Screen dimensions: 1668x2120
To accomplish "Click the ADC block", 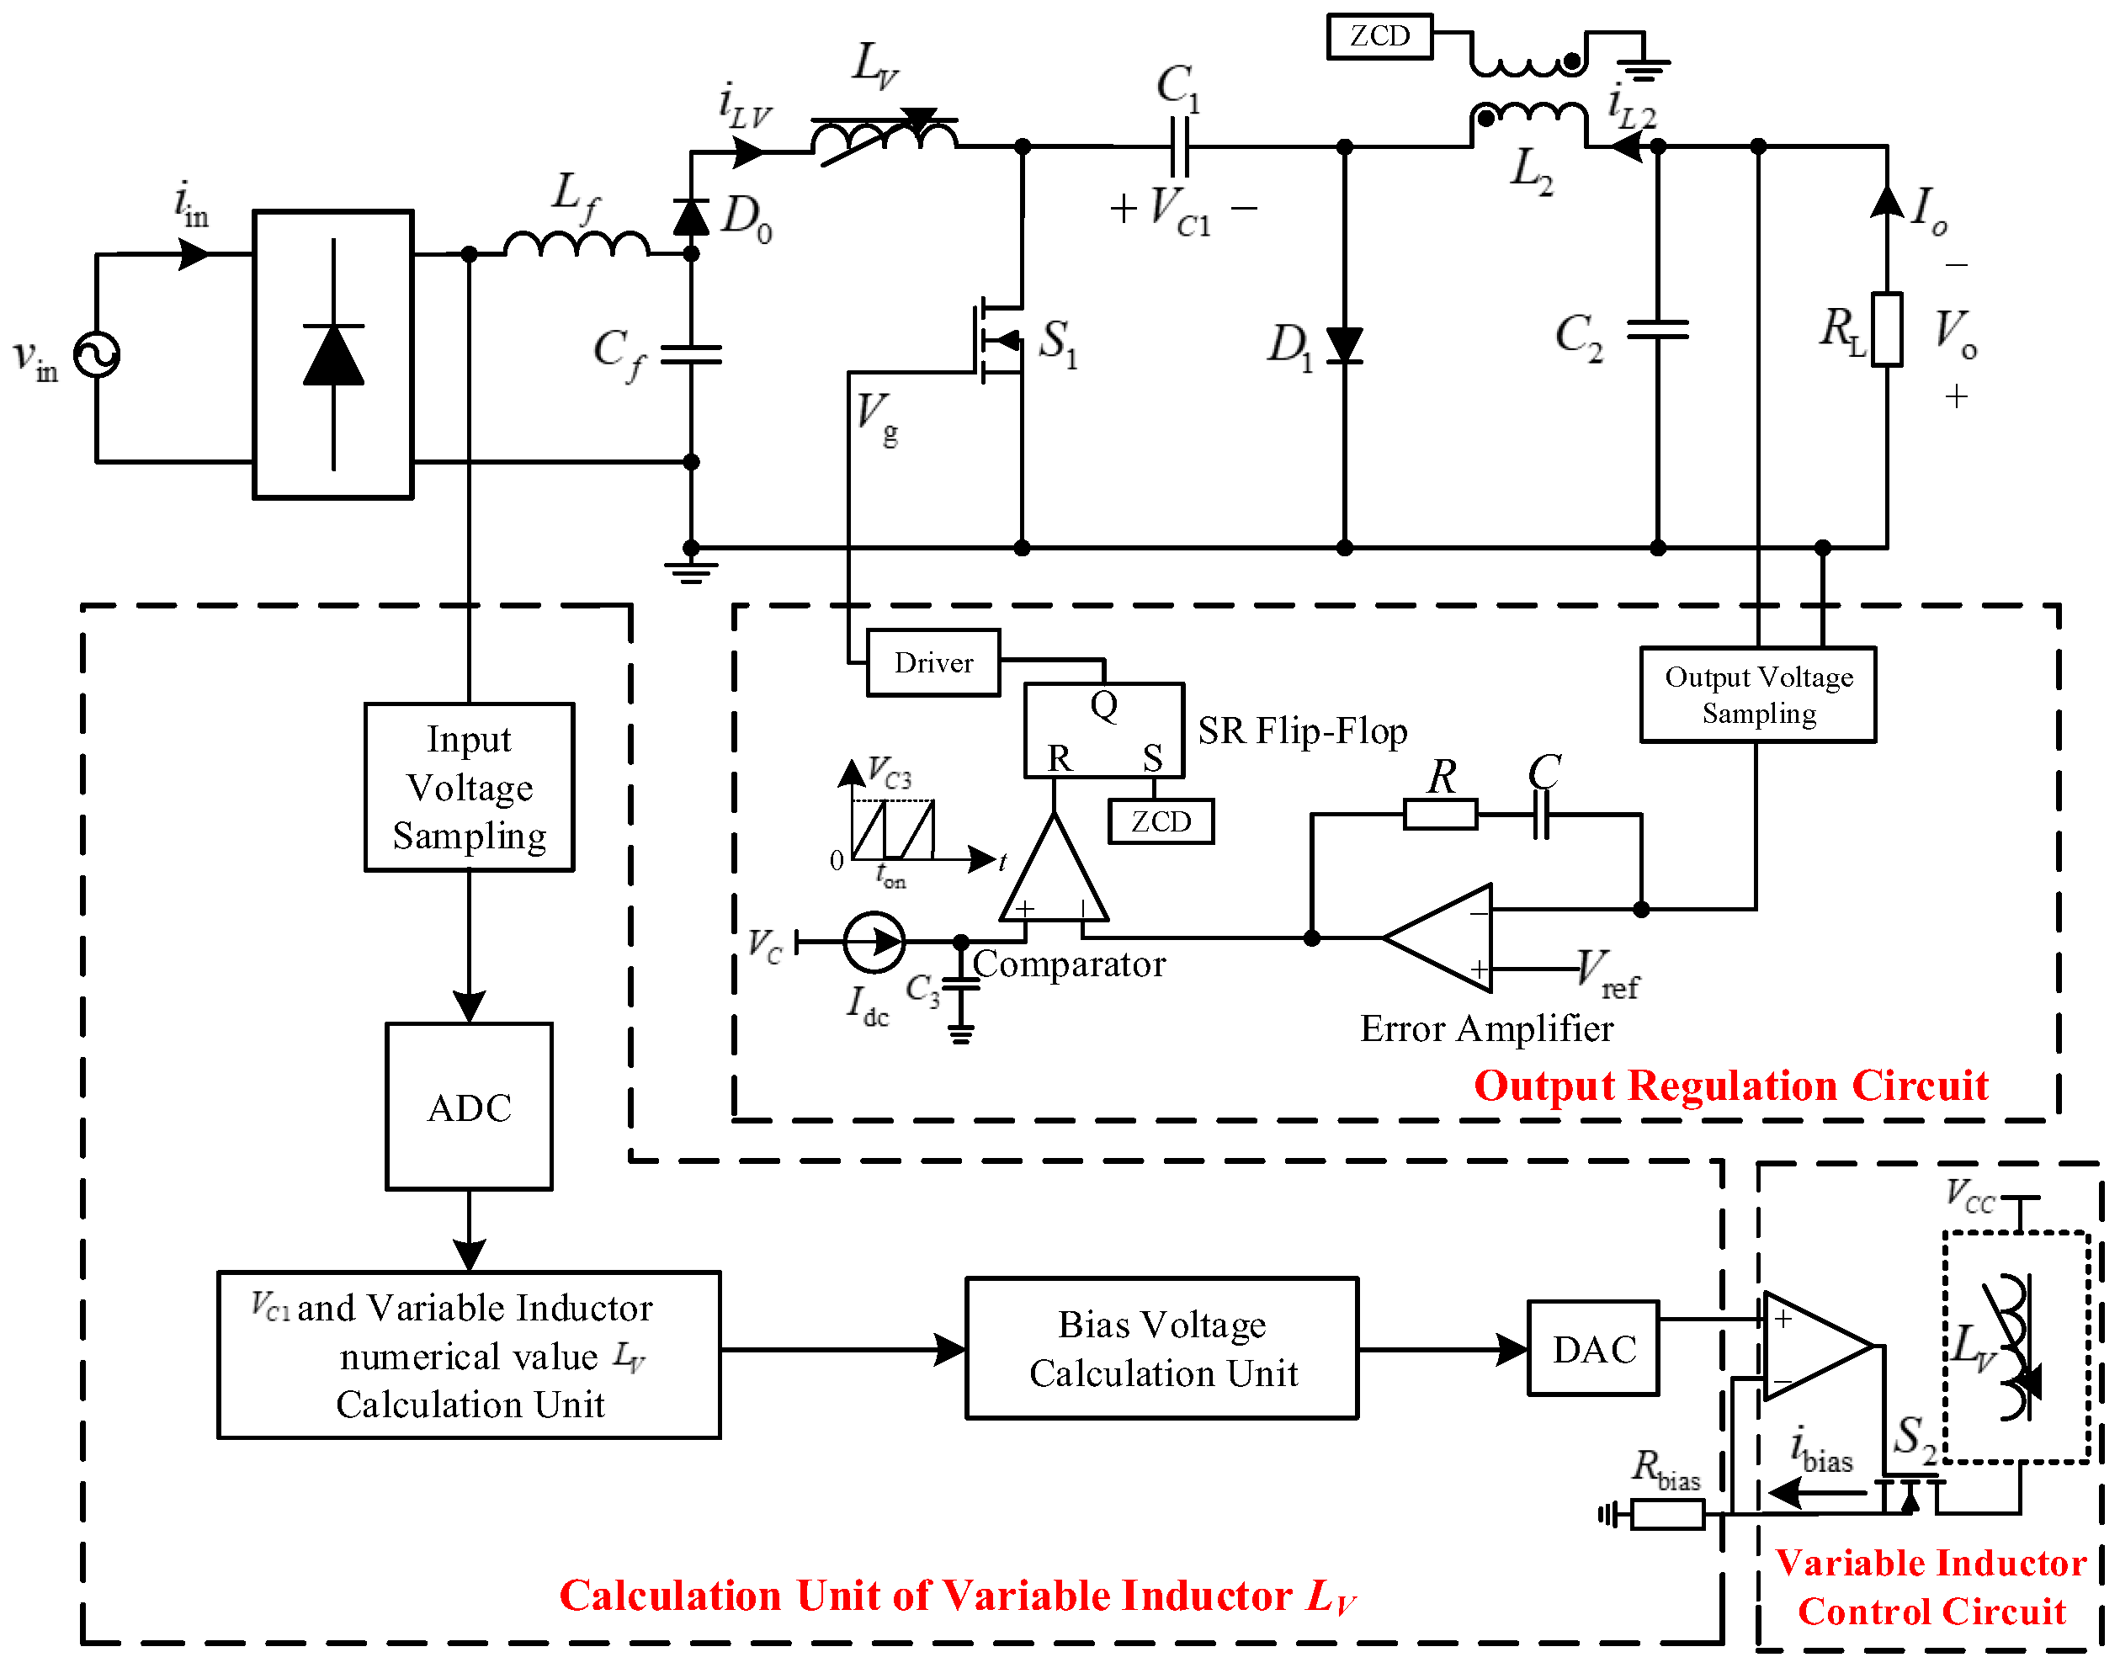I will tap(469, 1108).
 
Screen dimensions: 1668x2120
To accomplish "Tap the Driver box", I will tap(932, 663).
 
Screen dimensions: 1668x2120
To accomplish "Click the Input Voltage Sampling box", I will tap(469, 787).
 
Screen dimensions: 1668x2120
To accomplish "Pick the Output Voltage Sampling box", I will tap(1758, 694).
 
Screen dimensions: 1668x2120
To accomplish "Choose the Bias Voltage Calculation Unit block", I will tap(1162, 1349).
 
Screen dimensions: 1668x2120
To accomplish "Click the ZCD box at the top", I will tap(1379, 36).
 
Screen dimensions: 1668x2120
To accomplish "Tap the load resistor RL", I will tap(1887, 329).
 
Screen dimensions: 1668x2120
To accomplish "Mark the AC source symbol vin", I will tap(97, 354).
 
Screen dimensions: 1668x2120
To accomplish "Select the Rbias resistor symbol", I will tap(1667, 1515).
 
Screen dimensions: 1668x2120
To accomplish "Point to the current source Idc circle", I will tap(874, 942).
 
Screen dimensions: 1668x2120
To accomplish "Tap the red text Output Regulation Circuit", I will tap(1730, 1086).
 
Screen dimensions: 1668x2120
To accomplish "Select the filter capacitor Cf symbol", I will tap(690, 354).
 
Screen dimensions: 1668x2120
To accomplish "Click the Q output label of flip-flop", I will tap(1103, 705).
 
